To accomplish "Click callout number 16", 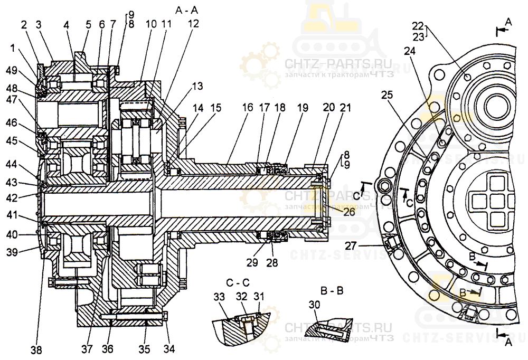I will (x=248, y=107).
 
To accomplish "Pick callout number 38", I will (x=36, y=349).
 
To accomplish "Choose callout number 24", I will (x=410, y=51).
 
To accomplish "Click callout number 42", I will (x=11, y=198).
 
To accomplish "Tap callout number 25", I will (x=388, y=94).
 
